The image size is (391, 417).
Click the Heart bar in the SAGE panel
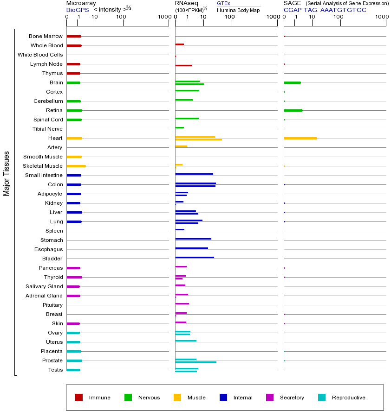click(x=300, y=138)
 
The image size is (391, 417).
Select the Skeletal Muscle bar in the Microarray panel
click(x=76, y=166)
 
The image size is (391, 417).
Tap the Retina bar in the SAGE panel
click(x=293, y=110)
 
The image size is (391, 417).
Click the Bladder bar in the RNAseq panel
click(x=195, y=257)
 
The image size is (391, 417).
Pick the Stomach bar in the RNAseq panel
click(x=193, y=239)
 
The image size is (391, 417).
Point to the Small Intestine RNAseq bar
click(x=194, y=174)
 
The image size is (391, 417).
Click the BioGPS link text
click(x=77, y=10)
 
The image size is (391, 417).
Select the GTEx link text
click(x=223, y=3)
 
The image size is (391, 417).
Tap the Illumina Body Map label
click(x=238, y=10)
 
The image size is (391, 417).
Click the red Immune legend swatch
click(x=79, y=398)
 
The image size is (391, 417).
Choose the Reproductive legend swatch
click(x=322, y=398)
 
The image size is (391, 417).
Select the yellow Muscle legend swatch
click(x=177, y=398)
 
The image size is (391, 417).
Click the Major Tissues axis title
click(x=7, y=173)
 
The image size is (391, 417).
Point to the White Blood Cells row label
click(x=40, y=55)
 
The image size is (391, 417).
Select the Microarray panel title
click(x=81, y=3)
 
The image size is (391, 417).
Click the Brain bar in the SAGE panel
click(x=292, y=82)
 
